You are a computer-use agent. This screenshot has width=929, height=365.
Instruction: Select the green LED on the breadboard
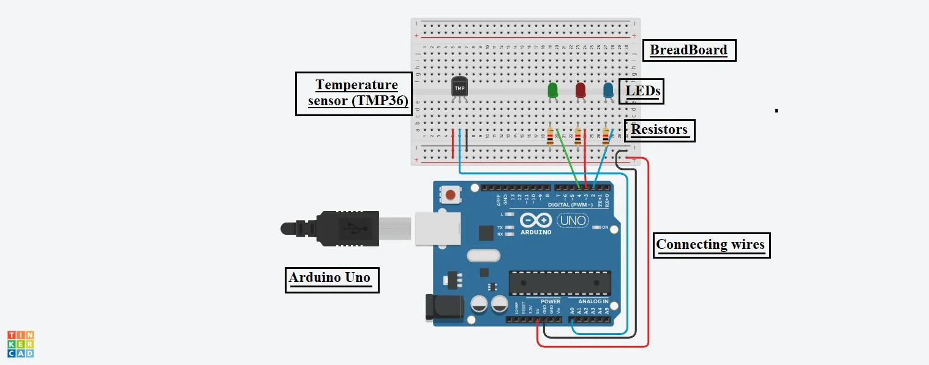pyautogui.click(x=552, y=90)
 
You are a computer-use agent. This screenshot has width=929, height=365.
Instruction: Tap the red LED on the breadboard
pyautogui.click(x=581, y=90)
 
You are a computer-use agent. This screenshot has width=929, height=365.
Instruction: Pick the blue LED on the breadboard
pyautogui.click(x=608, y=90)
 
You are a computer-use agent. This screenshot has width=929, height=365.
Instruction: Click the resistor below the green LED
pyautogui.click(x=550, y=138)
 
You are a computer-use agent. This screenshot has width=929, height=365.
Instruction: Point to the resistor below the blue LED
pyautogui.click(x=606, y=138)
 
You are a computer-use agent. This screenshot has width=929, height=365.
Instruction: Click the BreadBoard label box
pyautogui.click(x=689, y=50)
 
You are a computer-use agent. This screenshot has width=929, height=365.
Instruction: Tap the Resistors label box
pyautogui.click(x=660, y=130)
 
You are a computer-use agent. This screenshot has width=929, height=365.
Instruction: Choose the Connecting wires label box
pyautogui.click(x=710, y=245)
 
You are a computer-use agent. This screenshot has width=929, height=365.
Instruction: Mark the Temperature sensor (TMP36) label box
pyautogui.click(x=353, y=94)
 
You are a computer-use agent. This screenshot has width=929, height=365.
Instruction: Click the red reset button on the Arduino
pyautogui.click(x=451, y=195)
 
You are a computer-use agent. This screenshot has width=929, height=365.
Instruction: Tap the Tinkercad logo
pyautogui.click(x=20, y=344)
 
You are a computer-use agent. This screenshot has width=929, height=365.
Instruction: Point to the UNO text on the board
pyautogui.click(x=573, y=220)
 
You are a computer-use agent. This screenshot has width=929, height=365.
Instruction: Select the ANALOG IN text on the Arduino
pyautogui.click(x=589, y=301)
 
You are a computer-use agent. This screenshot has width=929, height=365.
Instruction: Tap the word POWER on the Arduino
pyautogui.click(x=550, y=301)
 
